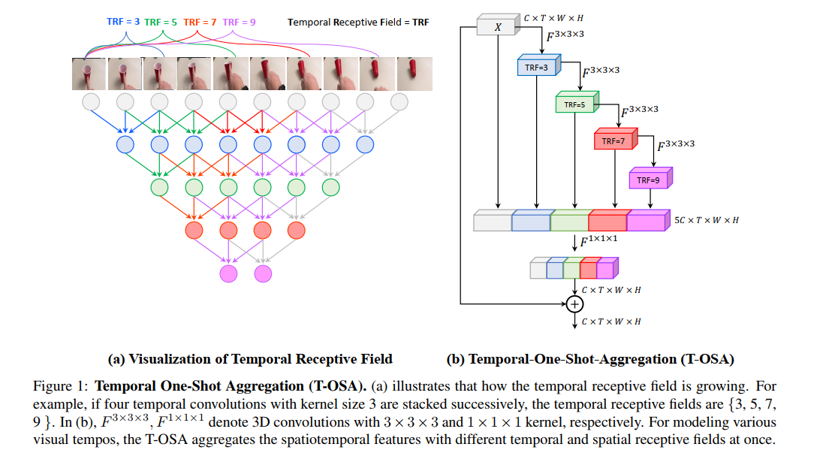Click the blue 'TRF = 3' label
point(122,22)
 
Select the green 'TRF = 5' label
point(161,22)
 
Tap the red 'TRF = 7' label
point(200,22)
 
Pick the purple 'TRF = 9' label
point(240,22)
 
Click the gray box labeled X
point(498,27)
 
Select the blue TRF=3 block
point(536,68)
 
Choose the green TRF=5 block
point(574,104)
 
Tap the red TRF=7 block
point(614,140)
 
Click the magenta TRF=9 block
point(649,180)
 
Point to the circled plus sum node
point(574,303)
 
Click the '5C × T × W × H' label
point(706,220)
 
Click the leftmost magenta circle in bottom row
point(228,273)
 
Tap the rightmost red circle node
point(297,230)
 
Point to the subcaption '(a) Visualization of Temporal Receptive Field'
point(251,359)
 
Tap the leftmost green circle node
point(159,187)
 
